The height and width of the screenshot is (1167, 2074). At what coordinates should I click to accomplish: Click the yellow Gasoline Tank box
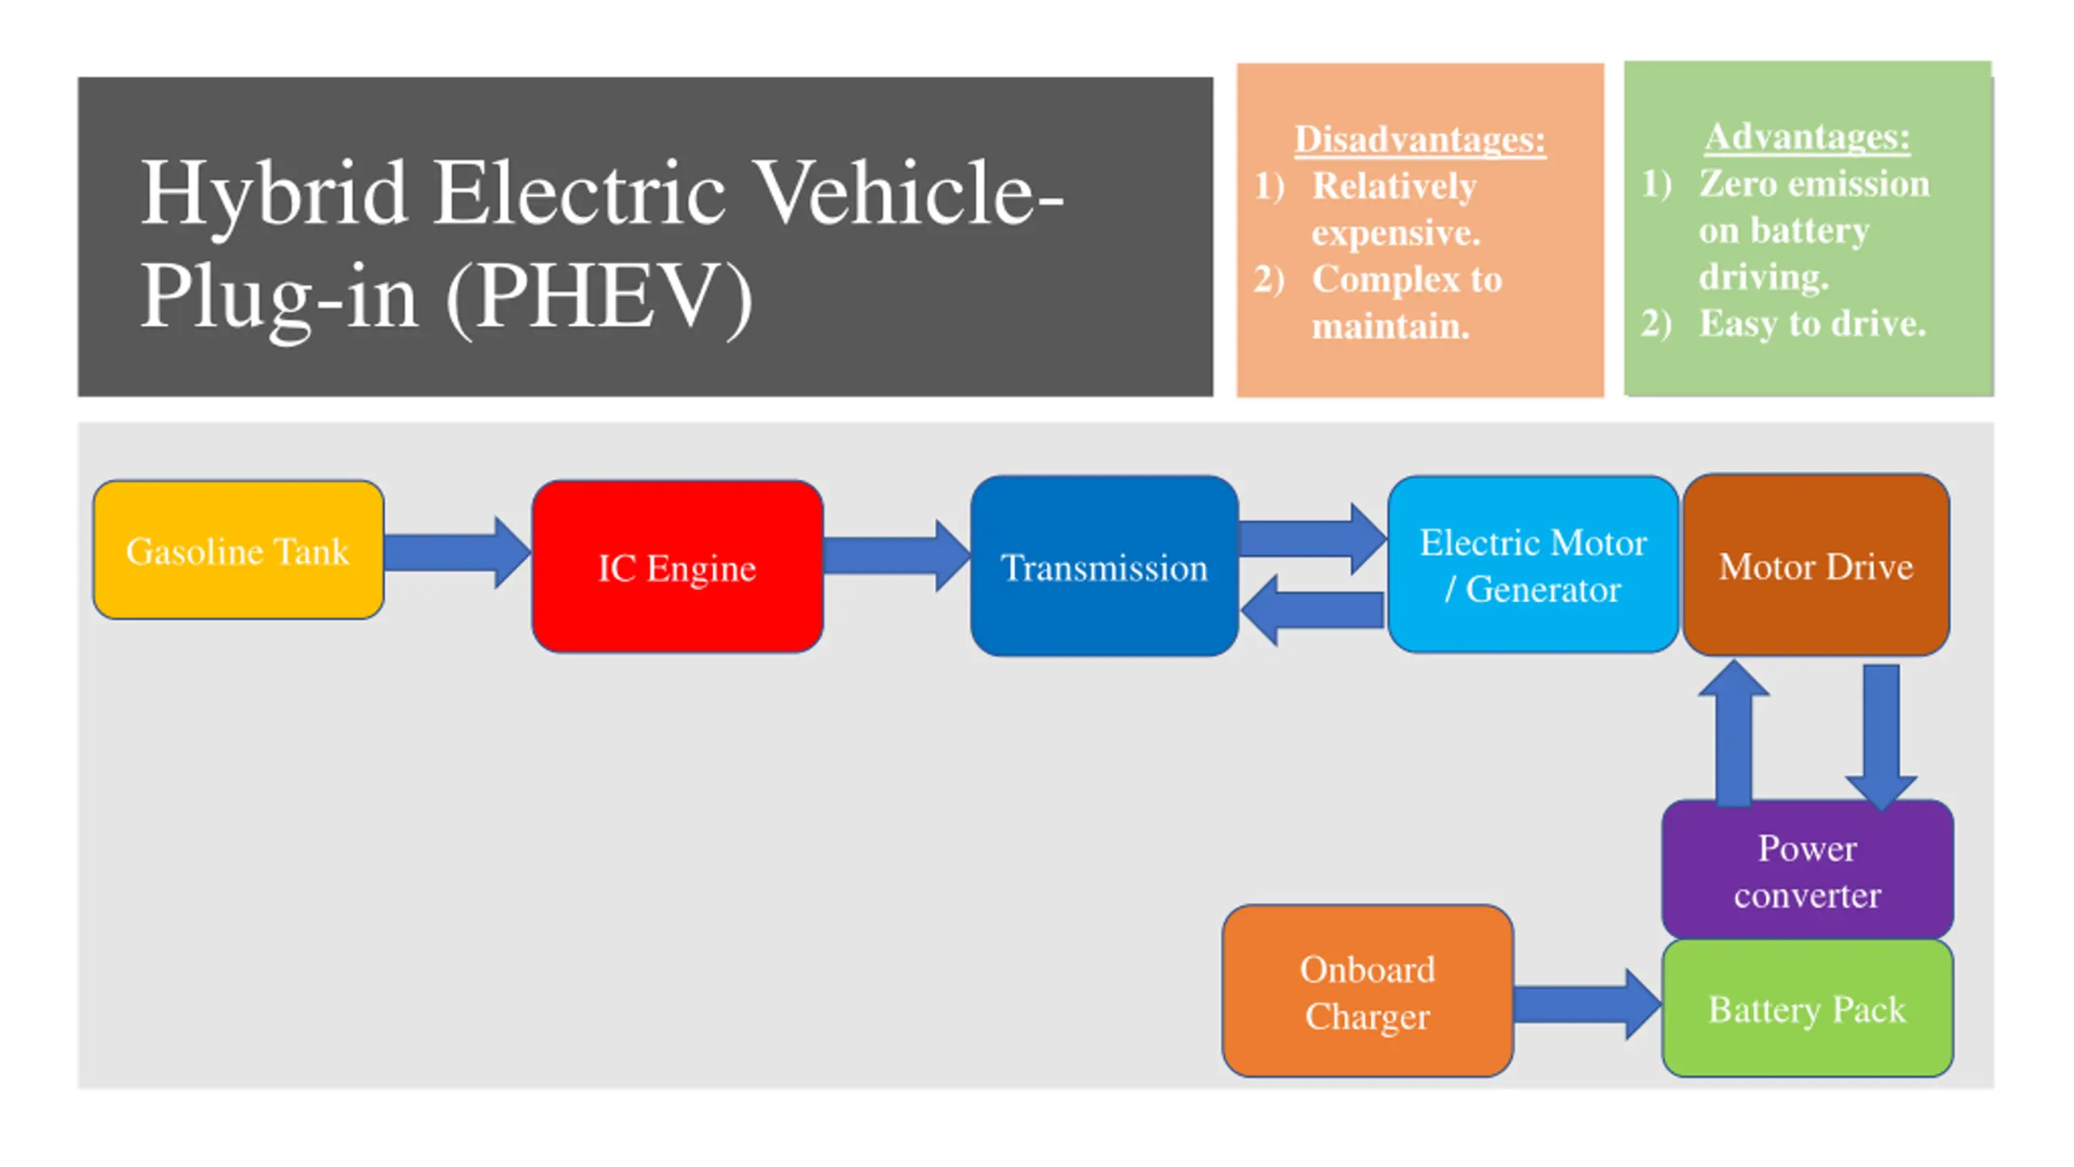238,550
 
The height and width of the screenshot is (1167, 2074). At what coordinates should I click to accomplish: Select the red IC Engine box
677,566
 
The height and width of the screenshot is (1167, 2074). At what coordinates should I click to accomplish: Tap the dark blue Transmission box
1104,566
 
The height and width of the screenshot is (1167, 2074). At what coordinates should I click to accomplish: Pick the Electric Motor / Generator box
1532,565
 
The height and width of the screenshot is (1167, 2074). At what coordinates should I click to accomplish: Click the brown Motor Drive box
1816,565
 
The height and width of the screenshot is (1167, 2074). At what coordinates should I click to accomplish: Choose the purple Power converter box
1807,870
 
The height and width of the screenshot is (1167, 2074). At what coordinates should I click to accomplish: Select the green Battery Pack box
1807,1009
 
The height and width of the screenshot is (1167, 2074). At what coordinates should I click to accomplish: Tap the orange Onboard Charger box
1368,991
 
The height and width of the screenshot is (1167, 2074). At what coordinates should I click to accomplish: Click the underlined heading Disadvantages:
1419,139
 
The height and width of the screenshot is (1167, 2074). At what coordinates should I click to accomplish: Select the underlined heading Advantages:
1807,136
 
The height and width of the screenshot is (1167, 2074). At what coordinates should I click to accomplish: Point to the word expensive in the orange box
1396,233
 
